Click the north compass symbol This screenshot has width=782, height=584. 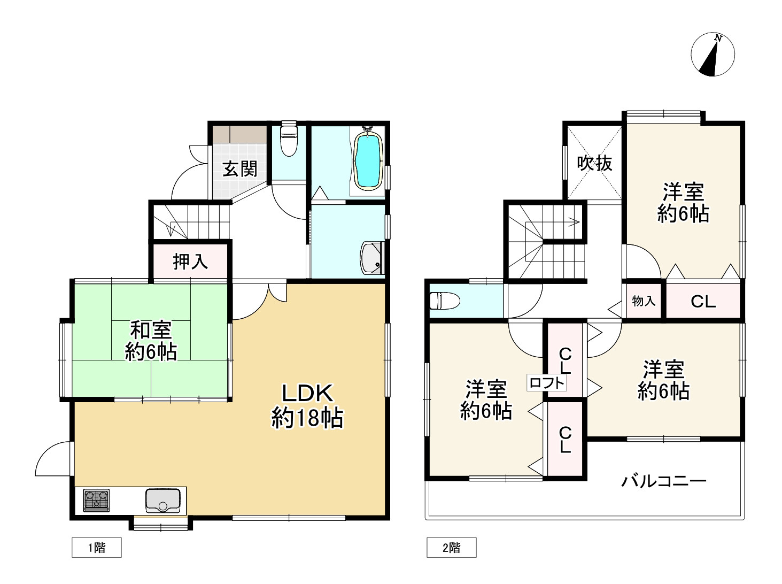pos(713,55)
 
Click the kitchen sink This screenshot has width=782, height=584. pos(163,501)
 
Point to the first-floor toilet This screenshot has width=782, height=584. pos(289,139)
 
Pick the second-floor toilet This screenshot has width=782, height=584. pos(445,301)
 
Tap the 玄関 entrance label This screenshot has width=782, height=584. pos(240,169)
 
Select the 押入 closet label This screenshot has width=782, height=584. pos(190,262)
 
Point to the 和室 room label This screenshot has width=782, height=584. pos(151,330)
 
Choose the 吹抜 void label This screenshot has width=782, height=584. pos(594,163)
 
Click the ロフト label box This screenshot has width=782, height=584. pos(547,383)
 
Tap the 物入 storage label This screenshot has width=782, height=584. pos(644,301)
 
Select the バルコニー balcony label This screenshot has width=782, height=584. pos(664,481)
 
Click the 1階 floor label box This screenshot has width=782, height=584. pos(97,548)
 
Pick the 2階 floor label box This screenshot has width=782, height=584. pos(451,548)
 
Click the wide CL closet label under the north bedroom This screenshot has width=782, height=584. pos(703,302)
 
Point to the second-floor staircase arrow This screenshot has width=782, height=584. pos(556,221)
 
